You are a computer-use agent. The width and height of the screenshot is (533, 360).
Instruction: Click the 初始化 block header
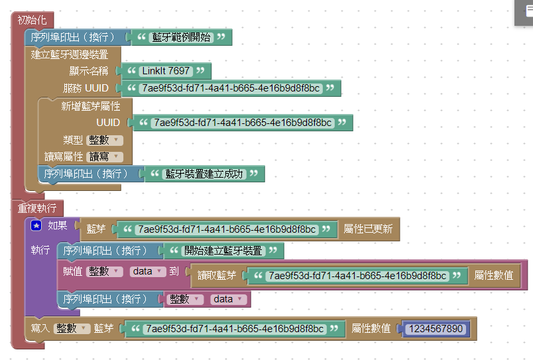point(32,20)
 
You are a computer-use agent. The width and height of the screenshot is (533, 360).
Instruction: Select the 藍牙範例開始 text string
point(181,38)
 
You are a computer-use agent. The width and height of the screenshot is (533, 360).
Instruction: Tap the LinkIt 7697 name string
point(166,71)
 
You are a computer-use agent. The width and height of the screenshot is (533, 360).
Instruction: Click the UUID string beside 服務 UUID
point(231,88)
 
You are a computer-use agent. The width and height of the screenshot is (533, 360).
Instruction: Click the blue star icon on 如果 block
point(36,226)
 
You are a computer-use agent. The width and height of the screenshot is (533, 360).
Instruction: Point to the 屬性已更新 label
point(368,229)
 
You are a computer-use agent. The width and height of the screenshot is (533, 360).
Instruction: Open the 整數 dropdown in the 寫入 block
point(72,328)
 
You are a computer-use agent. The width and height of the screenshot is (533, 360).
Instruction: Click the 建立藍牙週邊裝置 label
point(70,54)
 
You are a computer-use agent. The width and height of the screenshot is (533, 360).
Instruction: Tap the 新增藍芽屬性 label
point(87,106)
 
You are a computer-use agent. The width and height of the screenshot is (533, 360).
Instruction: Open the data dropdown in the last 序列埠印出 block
point(228,300)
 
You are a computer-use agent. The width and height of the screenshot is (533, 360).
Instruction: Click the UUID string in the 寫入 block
point(235,329)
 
